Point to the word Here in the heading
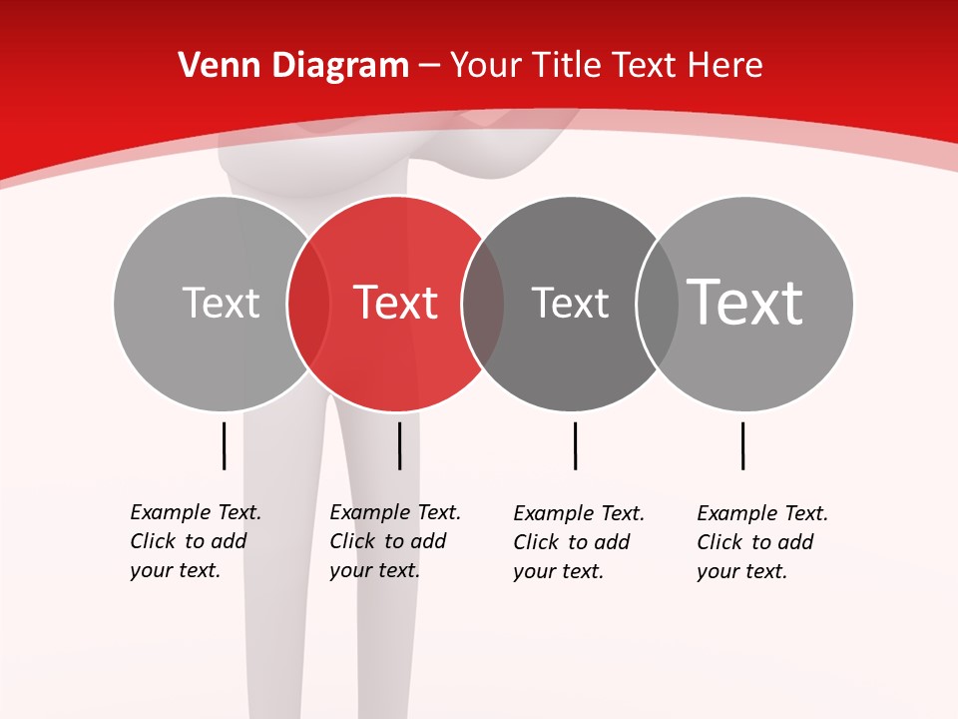point(725,66)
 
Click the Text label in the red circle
point(396,303)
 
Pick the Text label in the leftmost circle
point(221,303)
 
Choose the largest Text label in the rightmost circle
point(745,303)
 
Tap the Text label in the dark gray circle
point(570,303)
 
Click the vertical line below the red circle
point(399,445)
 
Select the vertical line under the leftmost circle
point(225,445)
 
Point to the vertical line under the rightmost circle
point(742,445)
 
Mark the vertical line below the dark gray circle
point(575,445)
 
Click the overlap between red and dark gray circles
point(483,304)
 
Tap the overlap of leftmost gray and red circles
point(308,304)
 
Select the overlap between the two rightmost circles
point(658,304)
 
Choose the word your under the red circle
point(350,570)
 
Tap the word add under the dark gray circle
point(612,542)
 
